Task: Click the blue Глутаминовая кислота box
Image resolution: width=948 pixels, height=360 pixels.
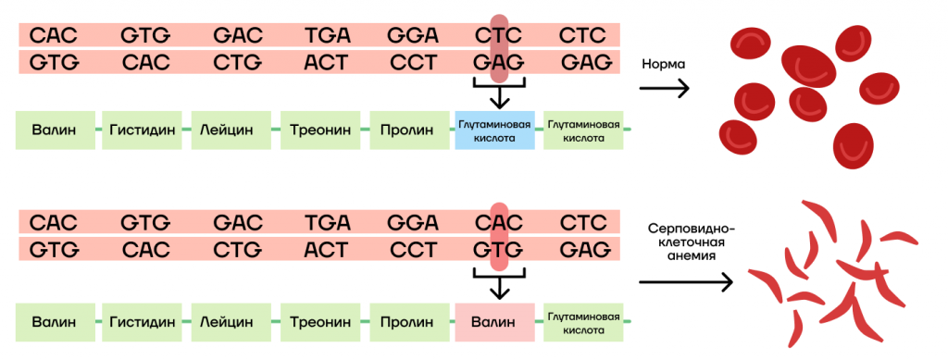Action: (x=494, y=130)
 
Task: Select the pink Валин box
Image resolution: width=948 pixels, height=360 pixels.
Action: (x=494, y=322)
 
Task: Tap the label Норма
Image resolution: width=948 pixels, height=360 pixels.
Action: (x=663, y=65)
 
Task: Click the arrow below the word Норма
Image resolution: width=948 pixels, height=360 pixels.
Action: (x=665, y=90)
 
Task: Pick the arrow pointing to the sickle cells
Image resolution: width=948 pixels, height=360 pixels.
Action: (x=686, y=282)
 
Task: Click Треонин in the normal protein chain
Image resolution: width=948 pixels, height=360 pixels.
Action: (x=319, y=130)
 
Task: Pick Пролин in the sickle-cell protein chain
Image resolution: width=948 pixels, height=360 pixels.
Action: (x=407, y=322)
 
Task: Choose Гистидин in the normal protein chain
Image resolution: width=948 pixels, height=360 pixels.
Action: (x=142, y=130)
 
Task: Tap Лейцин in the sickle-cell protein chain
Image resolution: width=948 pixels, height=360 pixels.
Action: (x=231, y=322)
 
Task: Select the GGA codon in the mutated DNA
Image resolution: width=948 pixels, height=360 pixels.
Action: (x=413, y=223)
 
